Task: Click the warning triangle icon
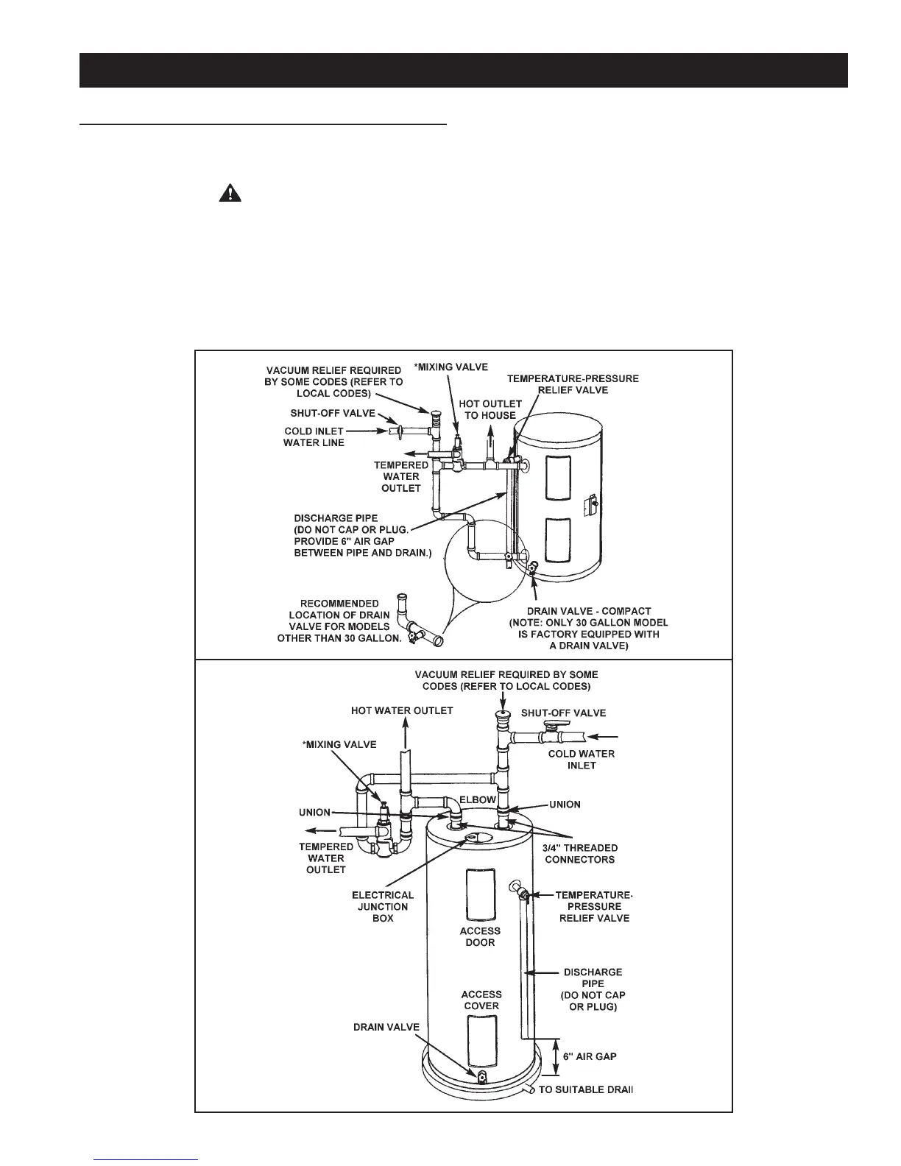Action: pyautogui.click(x=230, y=194)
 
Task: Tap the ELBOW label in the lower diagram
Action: pyautogui.click(x=479, y=799)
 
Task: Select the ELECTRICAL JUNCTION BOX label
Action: pyautogui.click(x=383, y=906)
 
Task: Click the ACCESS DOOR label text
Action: pyautogui.click(x=480, y=936)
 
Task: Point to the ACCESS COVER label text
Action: pyautogui.click(x=481, y=1000)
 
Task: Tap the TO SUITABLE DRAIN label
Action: pyautogui.click(x=586, y=1089)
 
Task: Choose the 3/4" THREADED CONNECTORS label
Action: pyautogui.click(x=586, y=854)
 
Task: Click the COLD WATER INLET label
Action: pyautogui.click(x=582, y=759)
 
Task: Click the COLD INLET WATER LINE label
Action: pyautogui.click(x=314, y=437)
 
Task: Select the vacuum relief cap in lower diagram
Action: pyautogui.click(x=502, y=715)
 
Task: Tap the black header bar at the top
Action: pyautogui.click(x=464, y=70)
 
